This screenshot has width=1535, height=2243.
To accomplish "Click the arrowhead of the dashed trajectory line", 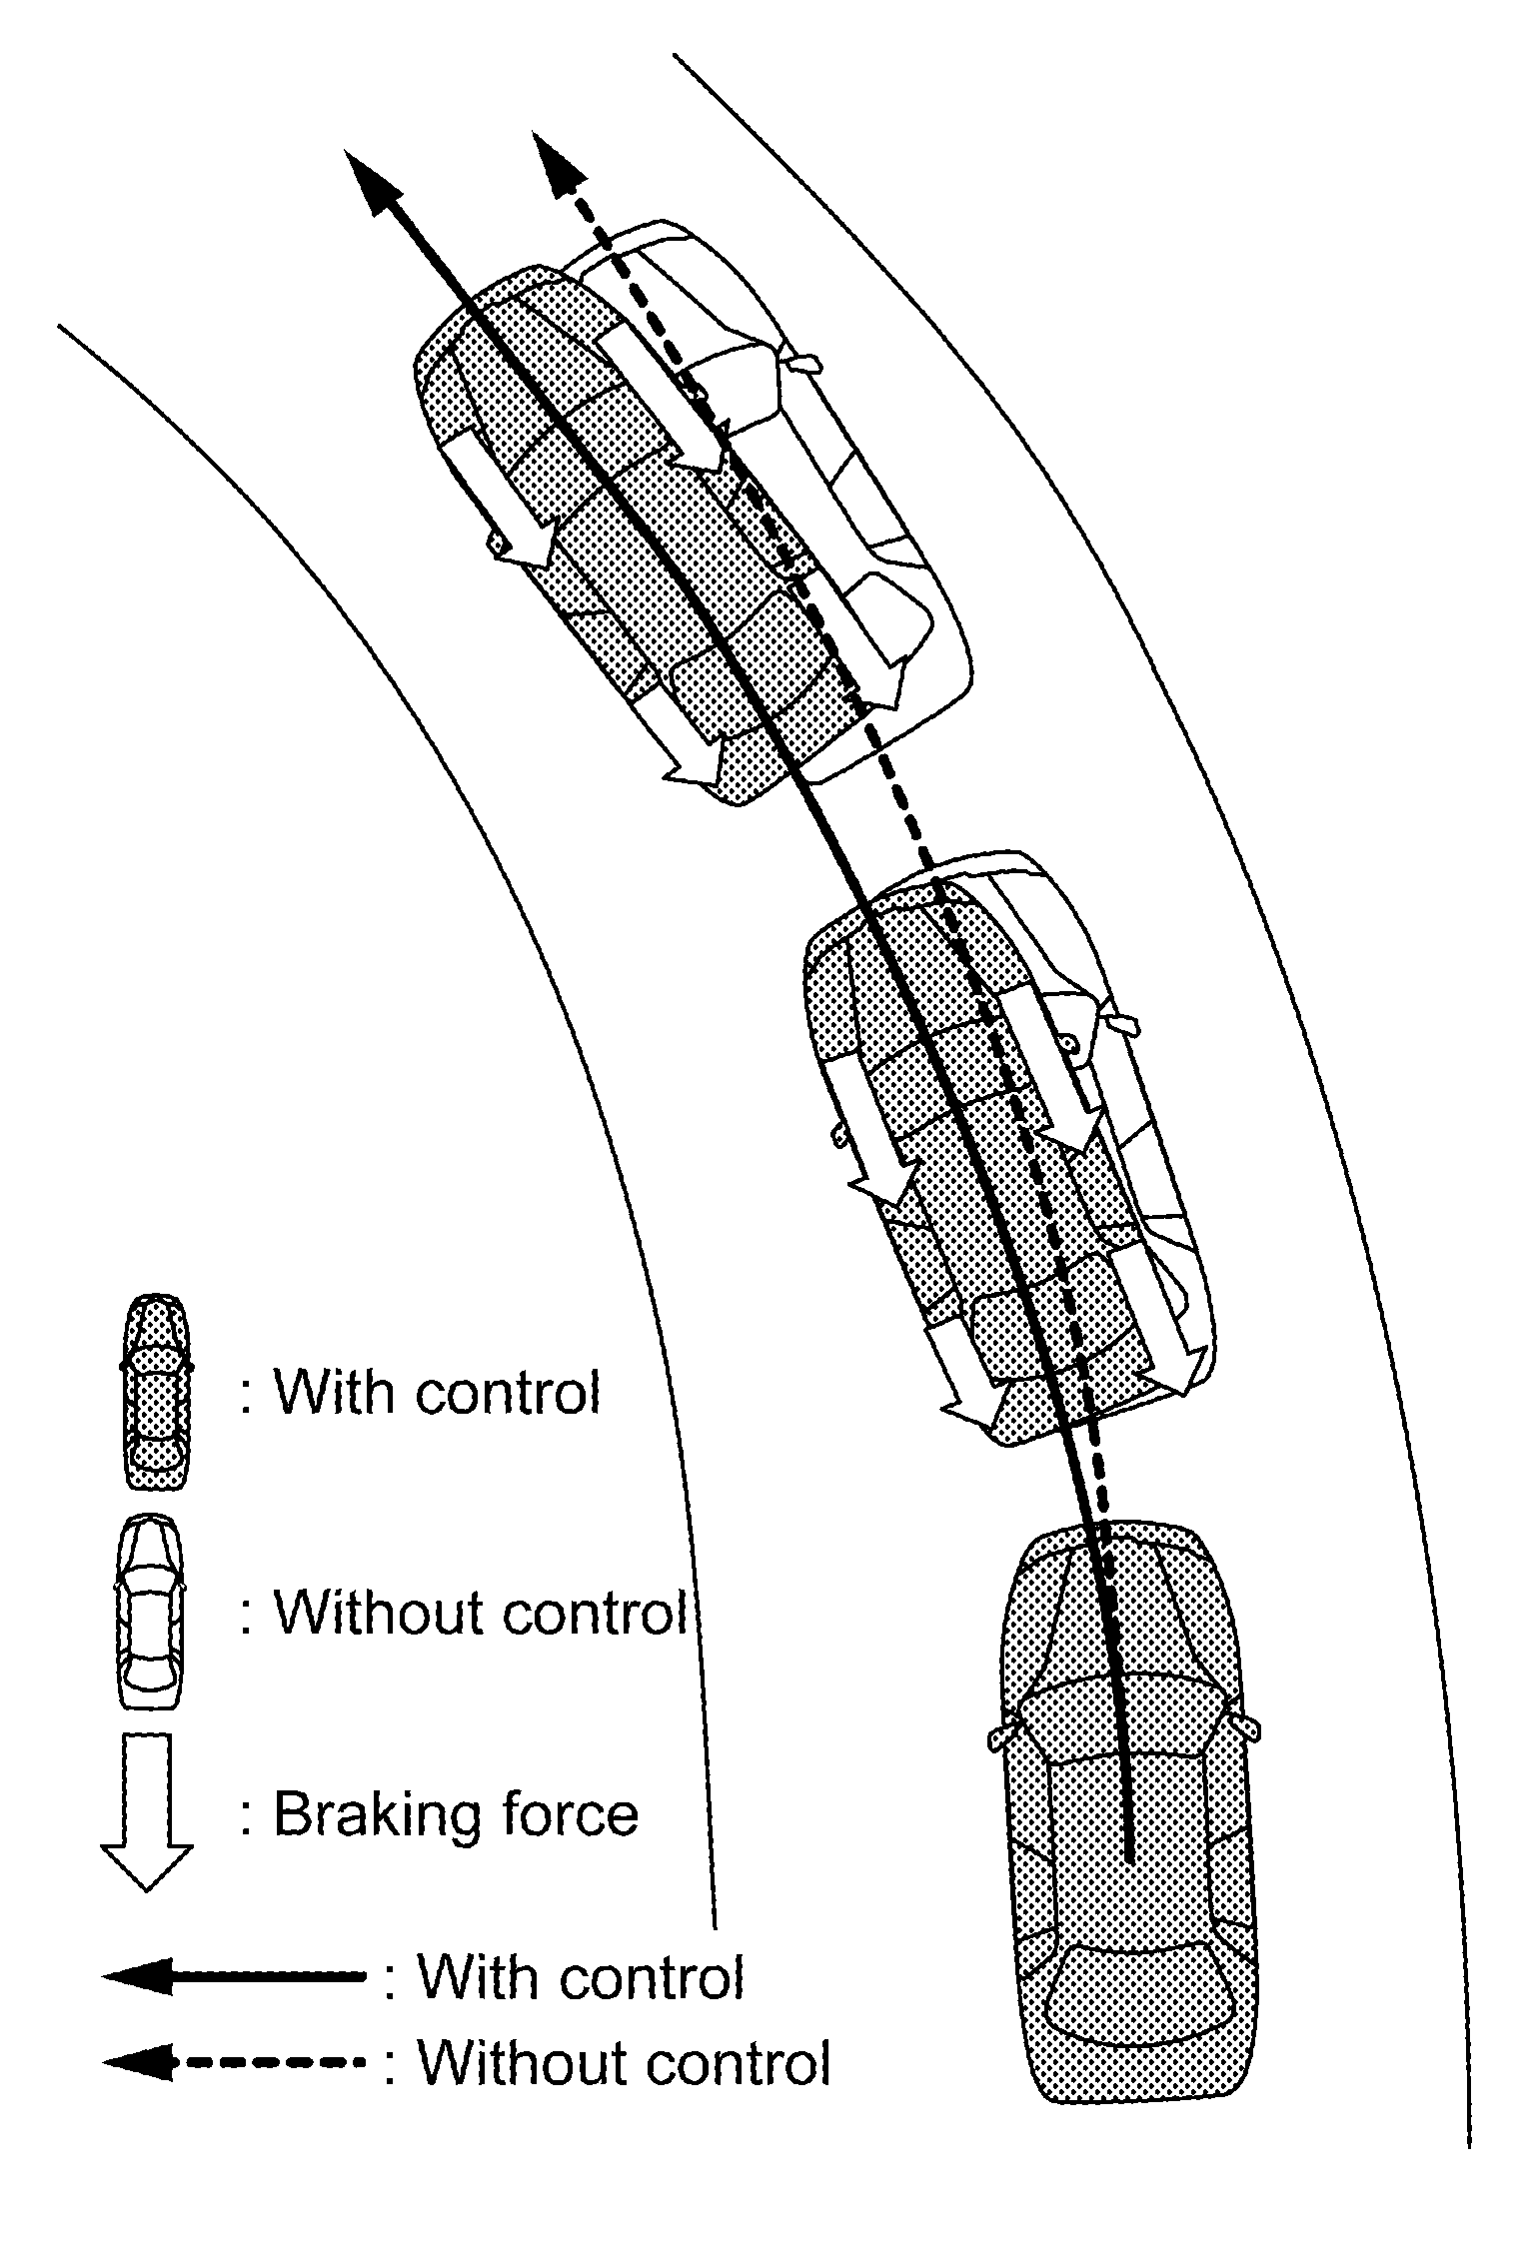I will coord(555,161).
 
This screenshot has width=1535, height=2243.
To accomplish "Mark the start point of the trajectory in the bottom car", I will coord(1128,1860).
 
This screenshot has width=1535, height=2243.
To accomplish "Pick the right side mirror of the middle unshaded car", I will coord(1123,1023).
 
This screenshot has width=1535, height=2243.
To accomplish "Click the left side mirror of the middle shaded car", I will coord(837,1134).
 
